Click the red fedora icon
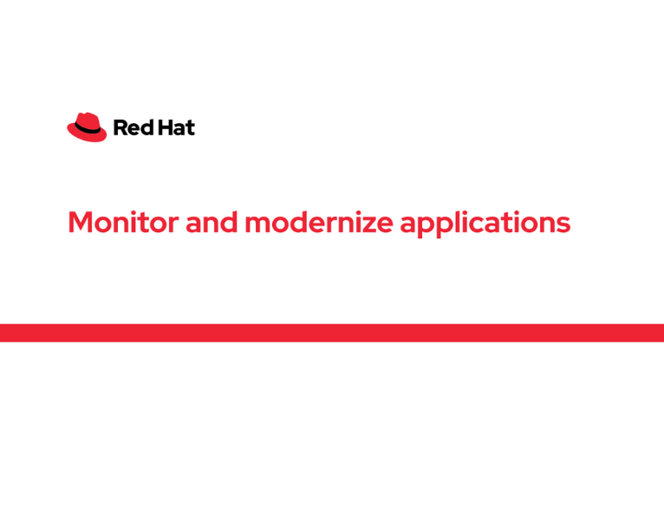tap(87, 127)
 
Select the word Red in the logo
tap(130, 128)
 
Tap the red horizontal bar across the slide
tap(332, 333)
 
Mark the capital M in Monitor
tap(81, 223)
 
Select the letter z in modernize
tap(369, 224)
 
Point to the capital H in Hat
tap(162, 128)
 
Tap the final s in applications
tap(564, 224)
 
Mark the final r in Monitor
tap(174, 224)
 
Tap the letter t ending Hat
tap(190, 128)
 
